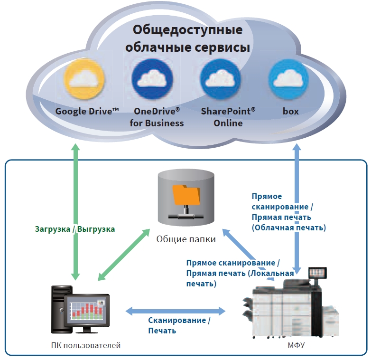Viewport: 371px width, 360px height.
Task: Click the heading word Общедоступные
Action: [x=187, y=30]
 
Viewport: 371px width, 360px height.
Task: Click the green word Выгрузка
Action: [x=96, y=228]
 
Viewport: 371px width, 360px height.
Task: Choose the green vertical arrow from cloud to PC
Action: [x=75, y=214]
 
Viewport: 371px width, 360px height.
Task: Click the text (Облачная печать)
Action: [x=288, y=227]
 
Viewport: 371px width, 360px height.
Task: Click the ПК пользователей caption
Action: [x=85, y=345]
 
